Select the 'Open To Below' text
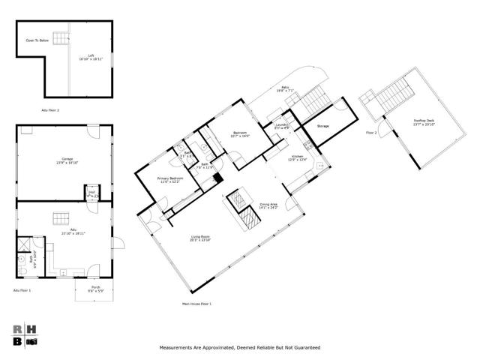(x=37, y=40)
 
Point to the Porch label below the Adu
(x=95, y=288)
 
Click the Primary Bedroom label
(x=169, y=179)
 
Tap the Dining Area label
(x=268, y=204)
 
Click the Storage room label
(x=322, y=126)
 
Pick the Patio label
(x=285, y=88)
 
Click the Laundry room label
(x=281, y=125)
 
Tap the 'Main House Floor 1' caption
(x=197, y=304)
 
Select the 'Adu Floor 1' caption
(x=23, y=290)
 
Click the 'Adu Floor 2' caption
(x=50, y=109)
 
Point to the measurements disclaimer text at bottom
(x=239, y=348)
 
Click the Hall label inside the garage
(x=91, y=193)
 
